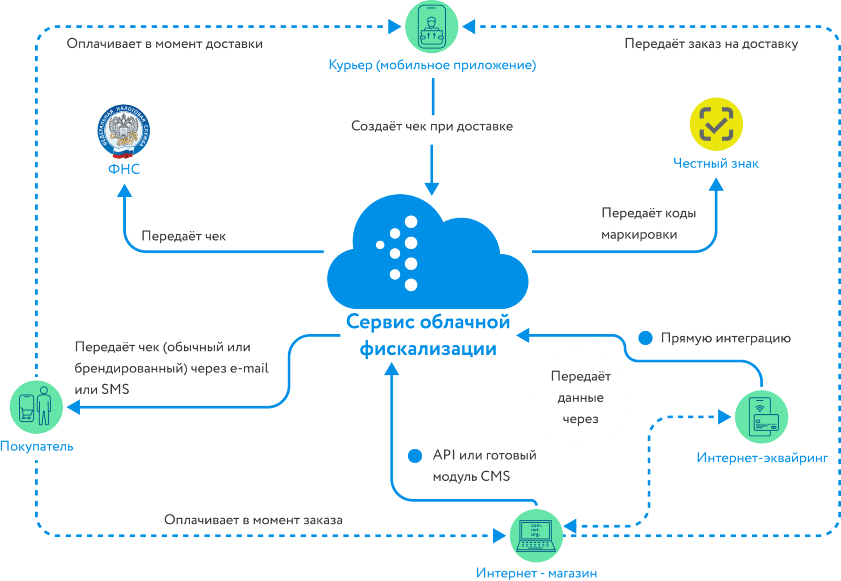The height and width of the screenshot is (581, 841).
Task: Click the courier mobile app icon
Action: click(x=432, y=27)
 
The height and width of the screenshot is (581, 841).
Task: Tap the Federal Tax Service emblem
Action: click(x=124, y=131)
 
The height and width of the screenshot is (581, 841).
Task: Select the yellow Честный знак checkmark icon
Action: click(x=716, y=124)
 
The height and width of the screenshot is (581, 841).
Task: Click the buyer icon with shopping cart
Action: click(x=36, y=407)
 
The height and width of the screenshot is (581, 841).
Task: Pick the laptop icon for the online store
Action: click(x=536, y=535)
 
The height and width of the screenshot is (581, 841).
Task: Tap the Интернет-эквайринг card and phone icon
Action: click(x=761, y=417)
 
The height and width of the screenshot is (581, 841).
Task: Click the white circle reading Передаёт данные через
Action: click(x=581, y=397)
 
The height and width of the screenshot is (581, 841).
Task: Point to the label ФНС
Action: click(x=124, y=169)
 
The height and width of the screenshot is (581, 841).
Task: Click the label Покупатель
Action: click(x=37, y=446)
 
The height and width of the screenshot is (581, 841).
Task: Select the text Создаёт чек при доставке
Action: click(x=432, y=126)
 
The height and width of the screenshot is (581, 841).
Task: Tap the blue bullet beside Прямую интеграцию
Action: click(x=645, y=338)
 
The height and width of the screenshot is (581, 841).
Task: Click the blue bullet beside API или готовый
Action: click(x=415, y=455)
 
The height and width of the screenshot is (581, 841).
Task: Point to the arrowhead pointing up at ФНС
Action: click(x=124, y=191)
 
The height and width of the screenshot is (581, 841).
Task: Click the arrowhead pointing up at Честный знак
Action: click(x=716, y=184)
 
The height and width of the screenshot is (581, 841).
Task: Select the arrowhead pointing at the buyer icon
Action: click(x=74, y=407)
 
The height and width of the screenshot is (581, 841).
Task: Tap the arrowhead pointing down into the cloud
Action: click(x=432, y=189)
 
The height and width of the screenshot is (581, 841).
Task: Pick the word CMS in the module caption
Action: click(x=495, y=476)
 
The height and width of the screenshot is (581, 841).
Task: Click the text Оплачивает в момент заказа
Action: click(x=253, y=520)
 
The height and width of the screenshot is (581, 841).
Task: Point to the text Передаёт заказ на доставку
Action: click(x=711, y=44)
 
